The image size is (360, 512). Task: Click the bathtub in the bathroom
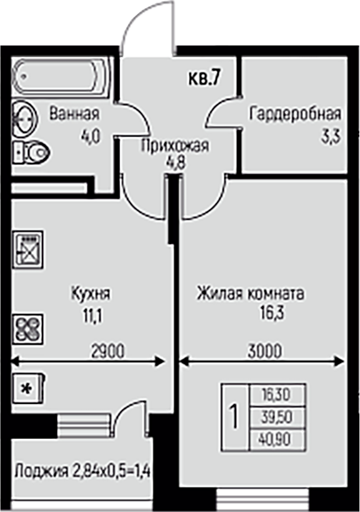(61, 77)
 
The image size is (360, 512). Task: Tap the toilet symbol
(32, 152)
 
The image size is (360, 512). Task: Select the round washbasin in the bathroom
(25, 119)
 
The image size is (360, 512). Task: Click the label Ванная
(74, 114)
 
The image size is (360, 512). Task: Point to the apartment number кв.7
(203, 79)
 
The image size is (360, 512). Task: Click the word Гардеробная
(295, 114)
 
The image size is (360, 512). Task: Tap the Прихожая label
(175, 146)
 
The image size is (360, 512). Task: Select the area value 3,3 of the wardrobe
(330, 137)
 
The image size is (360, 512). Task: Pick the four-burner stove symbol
(28, 329)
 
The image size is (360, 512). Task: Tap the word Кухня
(91, 293)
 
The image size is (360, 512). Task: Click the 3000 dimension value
(264, 352)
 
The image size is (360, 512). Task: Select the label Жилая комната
(251, 293)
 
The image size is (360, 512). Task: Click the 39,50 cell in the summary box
(277, 417)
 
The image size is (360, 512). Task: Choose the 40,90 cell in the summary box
(277, 439)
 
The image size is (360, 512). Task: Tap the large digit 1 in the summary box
(234, 417)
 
